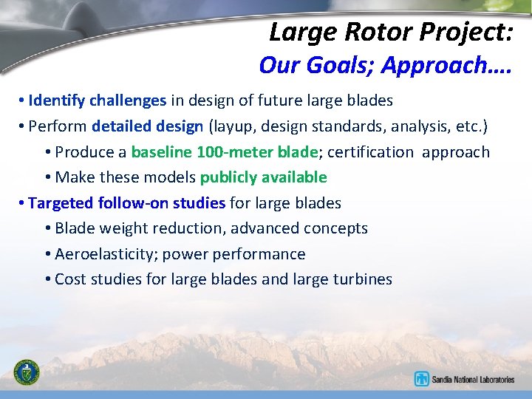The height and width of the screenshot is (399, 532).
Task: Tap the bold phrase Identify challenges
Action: click(x=97, y=100)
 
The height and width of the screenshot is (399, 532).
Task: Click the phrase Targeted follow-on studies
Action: click(x=127, y=202)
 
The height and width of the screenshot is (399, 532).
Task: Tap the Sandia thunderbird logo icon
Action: click(x=422, y=379)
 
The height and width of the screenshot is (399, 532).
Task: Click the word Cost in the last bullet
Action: click(x=70, y=279)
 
